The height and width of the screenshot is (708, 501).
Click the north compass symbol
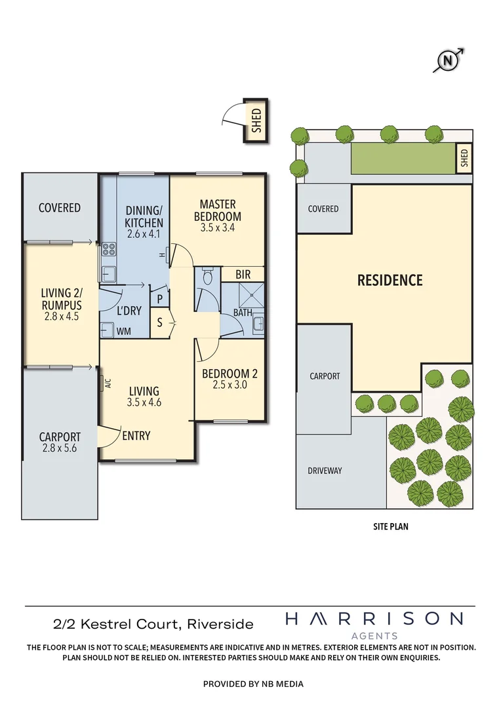tap(449, 60)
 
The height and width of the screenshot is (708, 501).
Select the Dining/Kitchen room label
tap(144, 216)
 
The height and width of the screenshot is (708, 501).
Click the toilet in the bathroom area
tap(208, 277)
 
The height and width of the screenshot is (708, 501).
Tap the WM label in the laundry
tap(123, 332)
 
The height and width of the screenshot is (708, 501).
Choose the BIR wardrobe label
tap(243, 273)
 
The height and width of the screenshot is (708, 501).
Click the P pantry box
tap(159, 298)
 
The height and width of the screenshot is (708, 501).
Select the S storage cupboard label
tap(159, 322)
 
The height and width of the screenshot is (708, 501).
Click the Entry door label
tap(136, 435)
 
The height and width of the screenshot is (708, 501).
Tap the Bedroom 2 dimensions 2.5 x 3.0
tap(229, 385)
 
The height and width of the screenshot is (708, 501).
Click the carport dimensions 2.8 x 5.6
tap(60, 449)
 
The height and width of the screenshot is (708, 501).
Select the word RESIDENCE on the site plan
tap(390, 280)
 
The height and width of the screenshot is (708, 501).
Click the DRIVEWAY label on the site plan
tap(325, 471)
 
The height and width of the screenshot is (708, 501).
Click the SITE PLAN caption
tap(387, 526)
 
